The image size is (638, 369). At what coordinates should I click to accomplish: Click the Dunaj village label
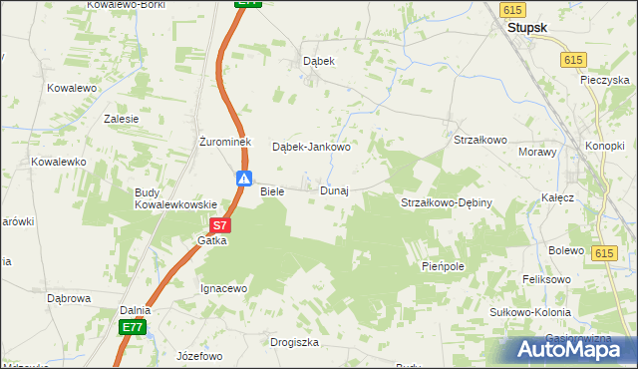click(x=334, y=190)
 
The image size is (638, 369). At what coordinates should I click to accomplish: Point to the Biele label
click(x=272, y=190)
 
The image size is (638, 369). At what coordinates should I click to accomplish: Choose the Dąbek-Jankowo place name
click(x=312, y=147)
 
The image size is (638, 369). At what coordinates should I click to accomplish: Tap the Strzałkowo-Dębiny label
click(x=447, y=202)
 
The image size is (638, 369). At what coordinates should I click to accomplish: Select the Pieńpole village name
click(x=444, y=266)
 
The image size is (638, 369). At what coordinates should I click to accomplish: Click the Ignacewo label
click(x=223, y=288)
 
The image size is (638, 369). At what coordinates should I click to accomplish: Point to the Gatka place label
click(x=212, y=240)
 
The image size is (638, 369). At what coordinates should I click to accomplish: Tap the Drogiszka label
click(x=294, y=342)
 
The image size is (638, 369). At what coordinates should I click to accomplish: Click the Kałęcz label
click(x=558, y=197)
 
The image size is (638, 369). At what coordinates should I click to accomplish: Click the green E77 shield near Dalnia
click(x=134, y=327)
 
